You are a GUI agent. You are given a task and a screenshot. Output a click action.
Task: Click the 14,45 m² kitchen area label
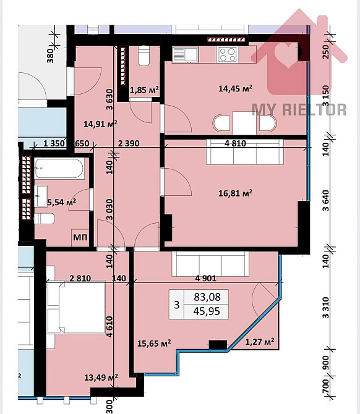click(x=235, y=88)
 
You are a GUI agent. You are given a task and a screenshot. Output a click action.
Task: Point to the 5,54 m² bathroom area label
click(x=61, y=201)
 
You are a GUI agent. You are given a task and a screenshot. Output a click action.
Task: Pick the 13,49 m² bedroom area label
click(x=100, y=377)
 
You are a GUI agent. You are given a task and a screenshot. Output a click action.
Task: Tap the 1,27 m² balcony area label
click(x=260, y=340)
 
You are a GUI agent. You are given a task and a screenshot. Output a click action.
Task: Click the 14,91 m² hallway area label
click(x=100, y=124)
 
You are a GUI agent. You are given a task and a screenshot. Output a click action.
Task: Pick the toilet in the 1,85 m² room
click(x=144, y=57)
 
